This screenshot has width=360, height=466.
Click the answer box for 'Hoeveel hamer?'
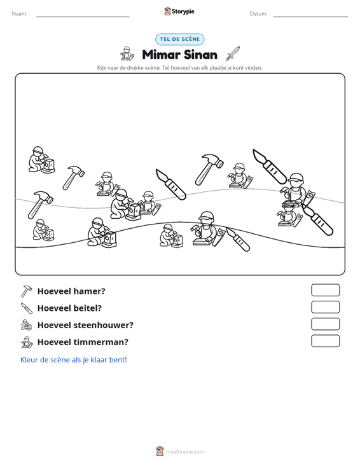(325, 290)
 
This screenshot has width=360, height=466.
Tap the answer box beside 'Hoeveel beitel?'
(325, 307)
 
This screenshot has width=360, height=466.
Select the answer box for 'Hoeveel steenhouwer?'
(325, 324)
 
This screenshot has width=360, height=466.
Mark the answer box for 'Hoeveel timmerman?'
(325, 341)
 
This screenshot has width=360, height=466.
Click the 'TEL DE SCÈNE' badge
(180, 39)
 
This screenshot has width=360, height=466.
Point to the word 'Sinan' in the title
(200, 55)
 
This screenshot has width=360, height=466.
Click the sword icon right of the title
(233, 54)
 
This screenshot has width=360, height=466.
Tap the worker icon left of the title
(127, 54)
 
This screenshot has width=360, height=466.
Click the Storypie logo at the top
(179, 11)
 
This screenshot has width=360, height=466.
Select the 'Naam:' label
(20, 14)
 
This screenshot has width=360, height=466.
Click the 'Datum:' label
(258, 14)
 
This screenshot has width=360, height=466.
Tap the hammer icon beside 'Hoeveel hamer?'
(26, 291)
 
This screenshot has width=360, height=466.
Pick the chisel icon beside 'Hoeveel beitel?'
(27, 308)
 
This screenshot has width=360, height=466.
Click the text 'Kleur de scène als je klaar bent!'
(73, 360)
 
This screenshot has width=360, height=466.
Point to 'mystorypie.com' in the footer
(185, 452)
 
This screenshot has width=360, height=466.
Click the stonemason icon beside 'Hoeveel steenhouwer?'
(27, 325)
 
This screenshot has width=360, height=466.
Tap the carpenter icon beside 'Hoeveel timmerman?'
(27, 342)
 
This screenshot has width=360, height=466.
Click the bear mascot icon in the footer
(160, 451)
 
